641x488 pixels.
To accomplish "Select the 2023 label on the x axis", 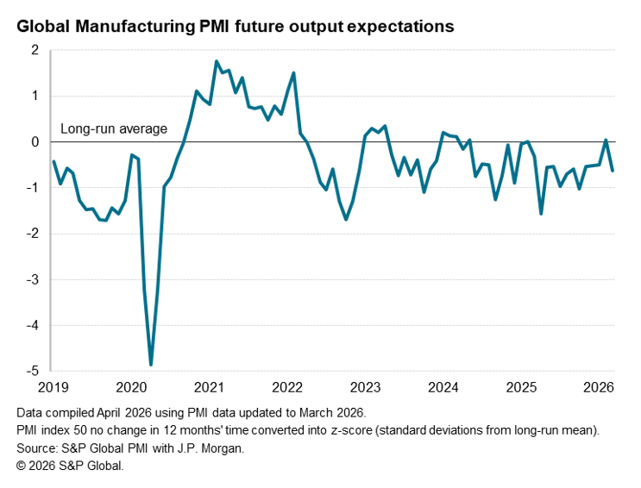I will (x=365, y=386).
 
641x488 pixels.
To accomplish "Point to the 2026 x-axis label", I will (x=600, y=386).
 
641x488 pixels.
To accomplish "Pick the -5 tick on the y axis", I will (x=35, y=371).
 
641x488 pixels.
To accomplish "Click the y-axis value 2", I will (x=36, y=50).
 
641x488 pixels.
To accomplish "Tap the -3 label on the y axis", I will (x=35, y=279).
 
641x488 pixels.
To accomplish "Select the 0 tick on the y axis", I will (x=36, y=141).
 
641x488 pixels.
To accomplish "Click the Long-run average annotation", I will (x=113, y=129).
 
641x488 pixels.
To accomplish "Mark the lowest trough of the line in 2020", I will (x=151, y=365).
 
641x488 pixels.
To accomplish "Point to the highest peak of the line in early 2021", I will (x=216, y=61).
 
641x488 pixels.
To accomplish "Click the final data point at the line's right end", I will (x=613, y=171).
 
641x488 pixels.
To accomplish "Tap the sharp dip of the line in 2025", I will (x=541, y=213).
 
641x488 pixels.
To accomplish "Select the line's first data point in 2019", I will (x=53, y=161).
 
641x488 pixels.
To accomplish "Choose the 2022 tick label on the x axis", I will (x=286, y=386).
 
